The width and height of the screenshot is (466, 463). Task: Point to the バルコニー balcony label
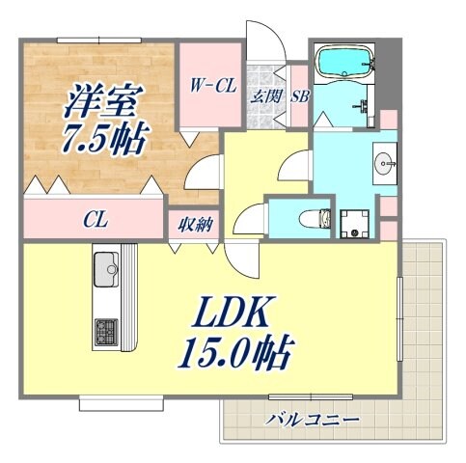pyautogui.click(x=315, y=420)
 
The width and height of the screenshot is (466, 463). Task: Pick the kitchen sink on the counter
pyautogui.click(x=107, y=264)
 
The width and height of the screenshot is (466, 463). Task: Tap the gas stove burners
pyautogui.click(x=104, y=333)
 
